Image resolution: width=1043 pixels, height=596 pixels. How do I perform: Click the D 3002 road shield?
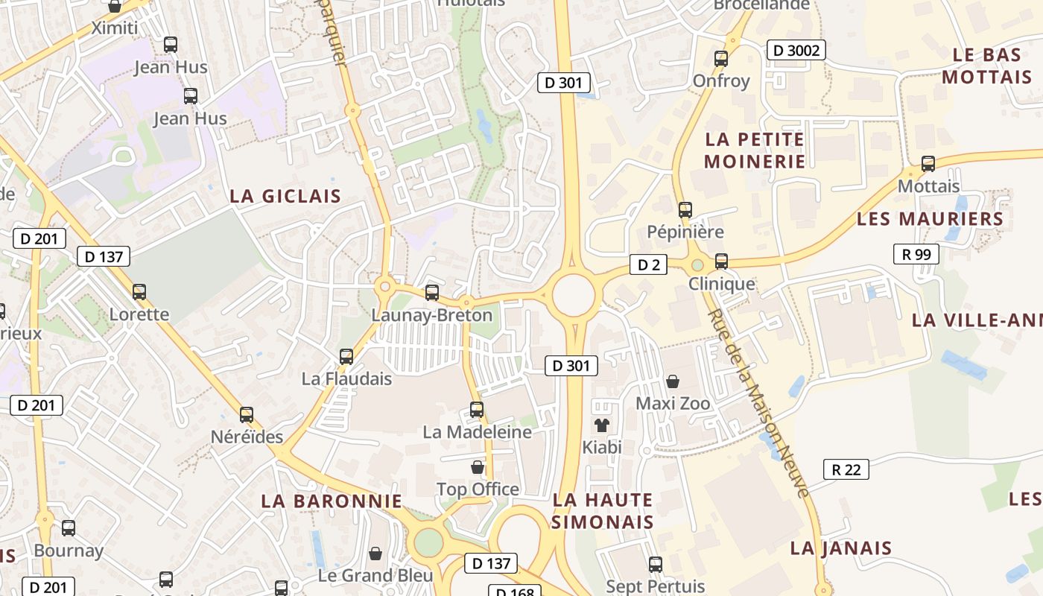click(x=796, y=51)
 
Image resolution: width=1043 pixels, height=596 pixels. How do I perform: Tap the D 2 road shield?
click(x=648, y=264)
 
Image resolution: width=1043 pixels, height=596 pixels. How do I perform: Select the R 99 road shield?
click(x=916, y=254)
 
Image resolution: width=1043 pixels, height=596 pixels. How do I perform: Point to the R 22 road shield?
click(x=846, y=469)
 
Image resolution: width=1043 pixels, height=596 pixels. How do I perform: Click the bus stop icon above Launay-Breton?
click(x=432, y=293)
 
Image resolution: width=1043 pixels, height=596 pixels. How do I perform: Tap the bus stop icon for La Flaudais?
click(x=346, y=356)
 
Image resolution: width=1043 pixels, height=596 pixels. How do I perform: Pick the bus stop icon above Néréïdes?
click(x=247, y=415)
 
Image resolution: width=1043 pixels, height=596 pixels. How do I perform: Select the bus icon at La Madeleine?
click(x=477, y=409)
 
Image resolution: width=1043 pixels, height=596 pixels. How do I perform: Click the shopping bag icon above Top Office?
click(x=478, y=467)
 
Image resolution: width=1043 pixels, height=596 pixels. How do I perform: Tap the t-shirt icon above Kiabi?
click(x=601, y=425)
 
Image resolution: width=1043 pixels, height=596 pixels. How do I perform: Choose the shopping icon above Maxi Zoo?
click(x=673, y=381)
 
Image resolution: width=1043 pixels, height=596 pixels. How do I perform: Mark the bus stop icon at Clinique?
click(x=721, y=261)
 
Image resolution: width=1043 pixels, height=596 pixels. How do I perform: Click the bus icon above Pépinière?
click(x=685, y=210)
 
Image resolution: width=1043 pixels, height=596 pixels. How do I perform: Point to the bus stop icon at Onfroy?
click(x=720, y=58)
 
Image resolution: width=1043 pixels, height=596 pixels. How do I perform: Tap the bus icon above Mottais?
click(x=928, y=164)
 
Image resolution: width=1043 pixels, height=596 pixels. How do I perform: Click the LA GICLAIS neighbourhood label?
click(x=285, y=197)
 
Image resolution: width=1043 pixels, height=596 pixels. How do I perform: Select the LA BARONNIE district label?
click(x=332, y=501)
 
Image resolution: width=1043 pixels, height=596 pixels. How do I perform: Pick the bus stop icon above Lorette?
click(x=139, y=291)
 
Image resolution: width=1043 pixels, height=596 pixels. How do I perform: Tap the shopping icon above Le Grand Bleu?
click(x=375, y=554)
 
